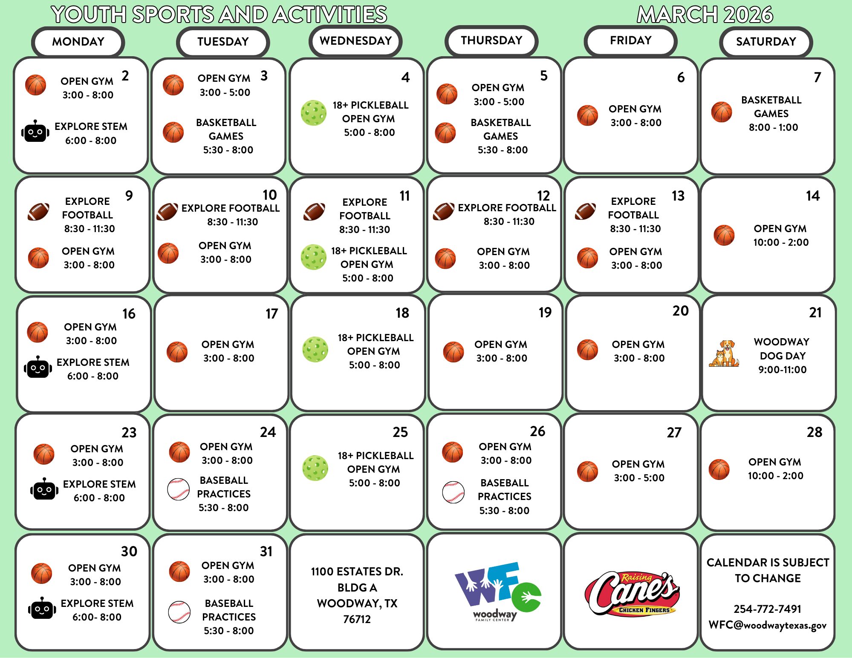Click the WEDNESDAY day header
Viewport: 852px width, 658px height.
(x=355, y=41)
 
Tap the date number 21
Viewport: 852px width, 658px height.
(x=815, y=313)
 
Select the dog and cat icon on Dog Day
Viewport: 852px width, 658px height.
(x=724, y=353)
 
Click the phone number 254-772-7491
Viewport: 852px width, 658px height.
(x=767, y=609)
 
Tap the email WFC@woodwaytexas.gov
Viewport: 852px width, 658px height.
(x=767, y=625)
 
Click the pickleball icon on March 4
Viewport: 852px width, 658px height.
(x=314, y=113)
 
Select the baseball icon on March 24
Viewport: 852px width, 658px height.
(x=179, y=489)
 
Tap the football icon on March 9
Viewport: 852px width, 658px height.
(x=38, y=212)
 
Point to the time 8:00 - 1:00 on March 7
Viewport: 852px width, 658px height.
(x=773, y=127)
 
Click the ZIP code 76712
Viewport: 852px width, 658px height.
(x=357, y=619)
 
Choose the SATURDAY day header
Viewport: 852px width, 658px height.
(x=766, y=42)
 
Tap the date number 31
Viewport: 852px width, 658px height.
(x=266, y=552)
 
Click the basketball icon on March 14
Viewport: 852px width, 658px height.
(x=724, y=236)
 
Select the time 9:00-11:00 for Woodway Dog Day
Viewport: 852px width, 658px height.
(x=782, y=370)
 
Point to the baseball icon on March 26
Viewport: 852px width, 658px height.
(x=453, y=492)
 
